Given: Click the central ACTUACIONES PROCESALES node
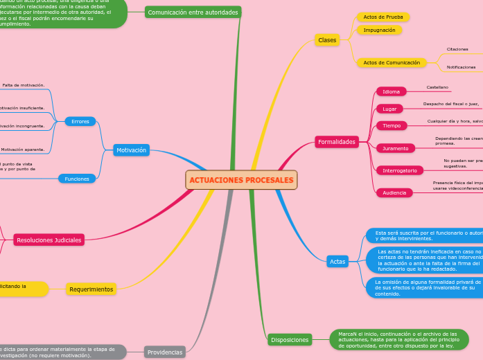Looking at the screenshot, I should coord(241,180).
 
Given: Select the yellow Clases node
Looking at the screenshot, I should coord(327,40).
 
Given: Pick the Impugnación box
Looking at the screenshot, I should coord(379,30).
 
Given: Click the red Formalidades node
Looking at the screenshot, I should coord(337,142).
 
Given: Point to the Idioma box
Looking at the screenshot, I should coord(391,91).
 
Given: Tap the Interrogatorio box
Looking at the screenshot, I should coord(399,170).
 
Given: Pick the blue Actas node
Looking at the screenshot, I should coord(337,261).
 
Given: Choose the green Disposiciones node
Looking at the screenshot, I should coord(290,340).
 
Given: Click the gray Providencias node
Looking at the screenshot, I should coord(165,352).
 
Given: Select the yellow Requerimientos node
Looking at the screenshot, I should coord(91,289).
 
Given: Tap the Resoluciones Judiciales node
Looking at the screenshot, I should coord(49,240).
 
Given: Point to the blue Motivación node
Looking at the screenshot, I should coord(131,150).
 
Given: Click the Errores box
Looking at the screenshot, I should coord(80,122).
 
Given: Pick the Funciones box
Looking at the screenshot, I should coord(77,179).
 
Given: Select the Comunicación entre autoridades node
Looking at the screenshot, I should coord(193,12).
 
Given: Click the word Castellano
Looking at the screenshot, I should coord(437,88).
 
